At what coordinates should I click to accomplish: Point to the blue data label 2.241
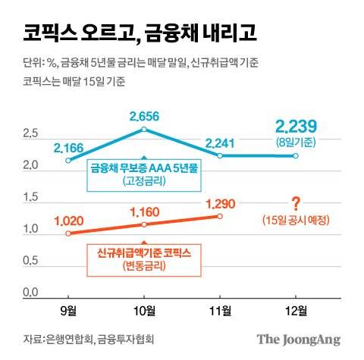pos(220,142)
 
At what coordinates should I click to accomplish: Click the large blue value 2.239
pos(295,126)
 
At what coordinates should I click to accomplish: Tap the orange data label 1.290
pos(220,202)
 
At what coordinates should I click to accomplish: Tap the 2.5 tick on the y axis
pos(31,134)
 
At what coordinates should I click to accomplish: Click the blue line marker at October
pos(144,130)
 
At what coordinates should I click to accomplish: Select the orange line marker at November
pos(220,216)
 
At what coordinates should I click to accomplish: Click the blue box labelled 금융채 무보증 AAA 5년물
pos(143,175)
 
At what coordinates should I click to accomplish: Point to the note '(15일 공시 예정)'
pos(296,221)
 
